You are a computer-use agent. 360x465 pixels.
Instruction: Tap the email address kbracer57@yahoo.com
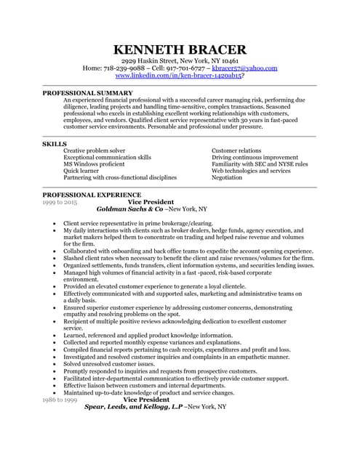244,68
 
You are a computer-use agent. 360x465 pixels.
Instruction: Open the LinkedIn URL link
178,76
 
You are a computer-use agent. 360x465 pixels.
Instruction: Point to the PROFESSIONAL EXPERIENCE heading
92,195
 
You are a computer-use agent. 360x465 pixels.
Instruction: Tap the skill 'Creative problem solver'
95,150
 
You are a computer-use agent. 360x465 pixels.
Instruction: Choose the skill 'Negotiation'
227,177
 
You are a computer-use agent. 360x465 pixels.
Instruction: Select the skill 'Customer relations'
237,150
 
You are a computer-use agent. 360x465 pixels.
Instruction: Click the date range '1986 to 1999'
60,400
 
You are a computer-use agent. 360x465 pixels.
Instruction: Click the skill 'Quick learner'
84,170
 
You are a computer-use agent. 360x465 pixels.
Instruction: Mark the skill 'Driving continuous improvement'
255,157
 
